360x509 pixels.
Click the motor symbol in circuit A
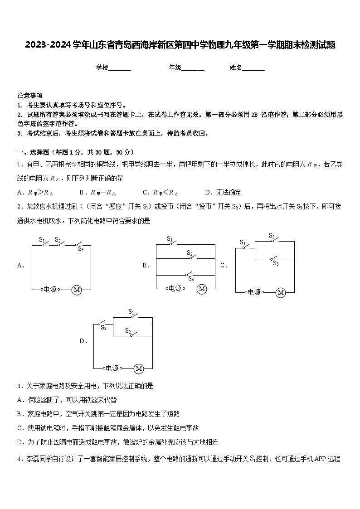77,290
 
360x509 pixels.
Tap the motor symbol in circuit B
202,289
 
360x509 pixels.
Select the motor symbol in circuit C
281,293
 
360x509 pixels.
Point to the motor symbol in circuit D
139,369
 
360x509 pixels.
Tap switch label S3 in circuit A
81,248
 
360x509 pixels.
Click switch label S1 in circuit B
170,239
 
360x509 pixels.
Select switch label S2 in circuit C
272,236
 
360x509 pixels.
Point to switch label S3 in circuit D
103,327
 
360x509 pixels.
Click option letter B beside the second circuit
145,266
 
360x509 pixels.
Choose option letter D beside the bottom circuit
83,341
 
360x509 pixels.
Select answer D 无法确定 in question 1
223,192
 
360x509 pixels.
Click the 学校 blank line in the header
120,68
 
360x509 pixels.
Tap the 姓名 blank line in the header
253,68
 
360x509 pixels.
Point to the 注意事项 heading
30,96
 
